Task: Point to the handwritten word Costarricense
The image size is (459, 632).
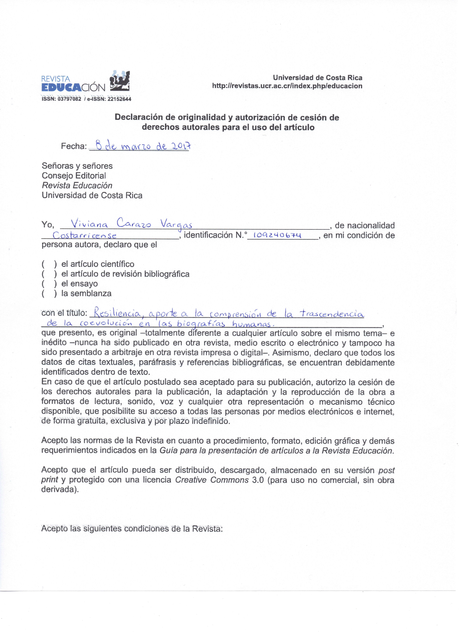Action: (84, 235)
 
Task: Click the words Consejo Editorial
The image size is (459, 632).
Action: (74, 176)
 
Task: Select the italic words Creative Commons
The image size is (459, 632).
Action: (212, 480)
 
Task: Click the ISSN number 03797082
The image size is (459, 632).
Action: (69, 99)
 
